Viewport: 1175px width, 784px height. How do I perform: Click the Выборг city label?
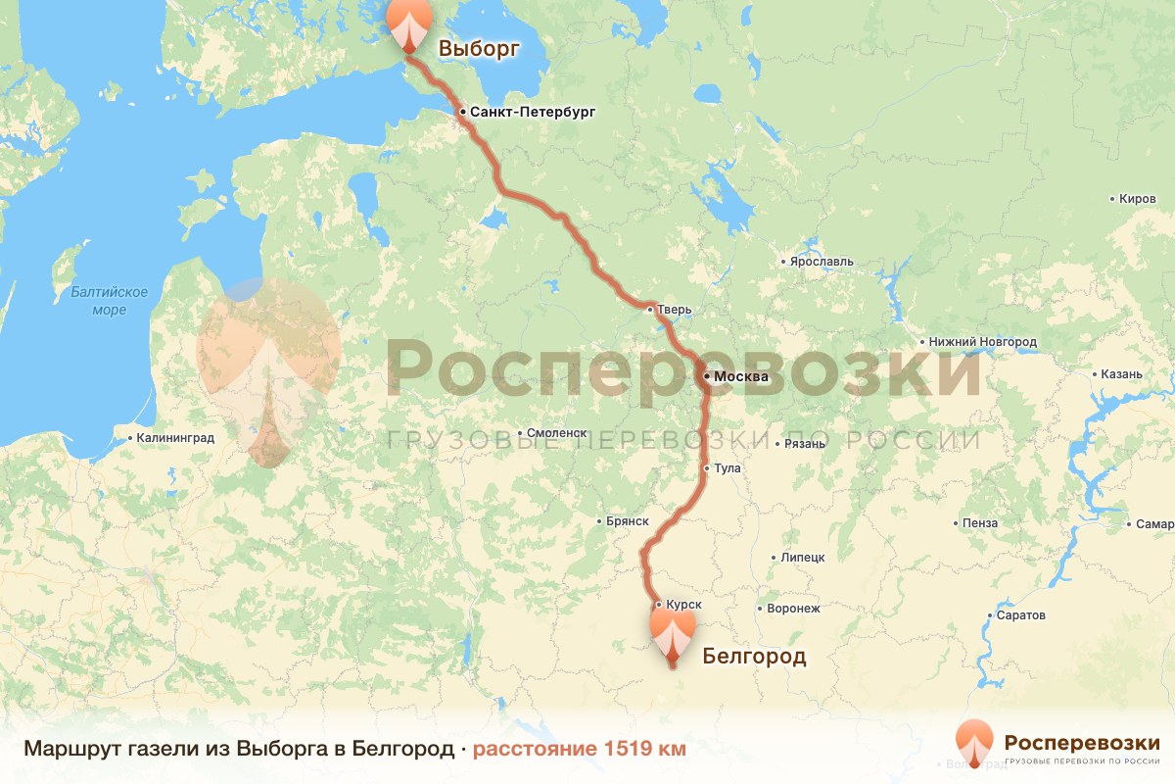coord(478,49)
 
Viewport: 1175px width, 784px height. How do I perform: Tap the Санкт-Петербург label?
coord(532,113)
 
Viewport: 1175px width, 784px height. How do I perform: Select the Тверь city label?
coord(675,310)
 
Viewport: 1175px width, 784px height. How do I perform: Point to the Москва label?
coord(741,377)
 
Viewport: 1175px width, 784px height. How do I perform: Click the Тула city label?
coord(728,468)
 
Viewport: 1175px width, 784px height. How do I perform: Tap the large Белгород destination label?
coord(754,657)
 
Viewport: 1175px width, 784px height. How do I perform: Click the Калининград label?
coord(175,438)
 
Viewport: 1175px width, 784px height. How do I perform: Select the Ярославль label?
coord(822,262)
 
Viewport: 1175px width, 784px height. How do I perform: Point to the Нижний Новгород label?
coord(982,342)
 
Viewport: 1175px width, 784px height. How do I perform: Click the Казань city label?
coord(1121,374)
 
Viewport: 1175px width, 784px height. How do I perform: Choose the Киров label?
coord(1137,199)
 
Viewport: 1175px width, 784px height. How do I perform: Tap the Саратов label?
coord(1020,615)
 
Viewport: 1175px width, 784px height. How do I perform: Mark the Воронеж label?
coord(793,609)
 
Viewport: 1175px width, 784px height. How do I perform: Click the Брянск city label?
coord(628,522)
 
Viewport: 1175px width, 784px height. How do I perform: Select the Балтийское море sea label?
coord(109,301)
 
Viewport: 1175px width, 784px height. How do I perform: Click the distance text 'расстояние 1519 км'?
coord(580,749)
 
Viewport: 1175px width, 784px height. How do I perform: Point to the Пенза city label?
coord(979,523)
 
